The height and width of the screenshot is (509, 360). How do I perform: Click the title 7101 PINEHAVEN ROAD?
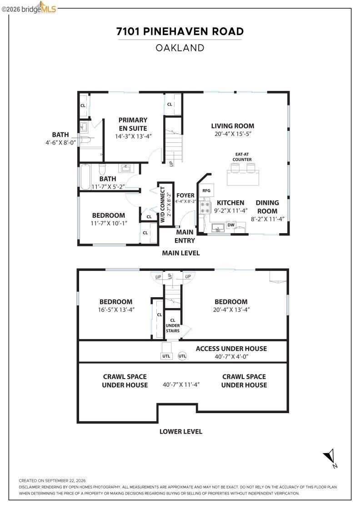coord(180,31)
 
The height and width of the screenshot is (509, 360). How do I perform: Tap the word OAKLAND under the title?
coord(180,48)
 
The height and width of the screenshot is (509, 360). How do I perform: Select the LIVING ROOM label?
coord(232,126)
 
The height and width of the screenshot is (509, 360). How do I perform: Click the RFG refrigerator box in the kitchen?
coord(206,191)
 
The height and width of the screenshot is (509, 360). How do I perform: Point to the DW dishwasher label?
coord(231,225)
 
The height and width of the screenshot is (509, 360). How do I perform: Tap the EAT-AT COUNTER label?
coord(242,157)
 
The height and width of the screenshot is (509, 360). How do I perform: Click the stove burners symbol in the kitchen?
coord(205,207)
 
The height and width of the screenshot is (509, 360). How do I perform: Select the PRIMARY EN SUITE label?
coord(133,124)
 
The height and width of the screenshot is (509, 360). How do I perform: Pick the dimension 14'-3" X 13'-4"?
coord(134,136)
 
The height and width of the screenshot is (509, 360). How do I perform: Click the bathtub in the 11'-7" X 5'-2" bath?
coord(85,177)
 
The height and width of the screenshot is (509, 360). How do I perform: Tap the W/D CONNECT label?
coord(163,204)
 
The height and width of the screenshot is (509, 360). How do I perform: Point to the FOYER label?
coord(185,195)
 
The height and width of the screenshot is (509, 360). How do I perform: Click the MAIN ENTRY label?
coord(185,236)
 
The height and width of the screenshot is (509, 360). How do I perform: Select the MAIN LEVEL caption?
coord(181,253)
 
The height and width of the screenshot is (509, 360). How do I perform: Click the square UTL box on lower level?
coord(166,356)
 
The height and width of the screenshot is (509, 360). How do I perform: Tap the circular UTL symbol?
coord(182,356)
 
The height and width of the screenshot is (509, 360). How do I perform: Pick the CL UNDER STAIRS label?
coord(173,325)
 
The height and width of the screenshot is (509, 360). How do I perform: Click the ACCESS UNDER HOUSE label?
coord(231,349)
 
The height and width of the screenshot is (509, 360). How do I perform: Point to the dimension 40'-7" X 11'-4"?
coord(181,384)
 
